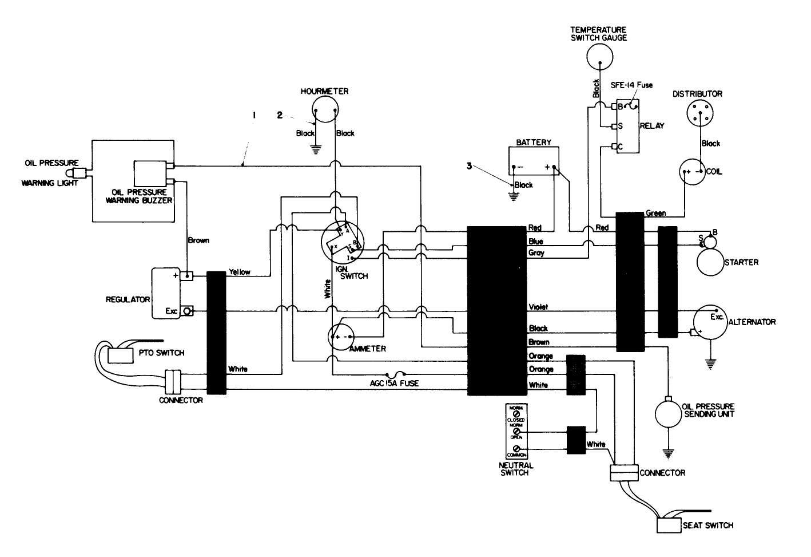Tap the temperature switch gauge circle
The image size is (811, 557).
pos(599,57)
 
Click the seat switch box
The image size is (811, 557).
pos(668,525)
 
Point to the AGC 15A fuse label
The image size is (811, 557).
pos(394,383)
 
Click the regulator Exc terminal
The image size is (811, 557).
pos(187,311)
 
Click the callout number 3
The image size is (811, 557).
pos(469,166)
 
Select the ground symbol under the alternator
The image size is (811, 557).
pos(709,362)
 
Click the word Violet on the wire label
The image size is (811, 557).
pos(538,307)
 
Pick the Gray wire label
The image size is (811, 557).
pos(536,252)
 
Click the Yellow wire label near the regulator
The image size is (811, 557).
pos(239,272)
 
